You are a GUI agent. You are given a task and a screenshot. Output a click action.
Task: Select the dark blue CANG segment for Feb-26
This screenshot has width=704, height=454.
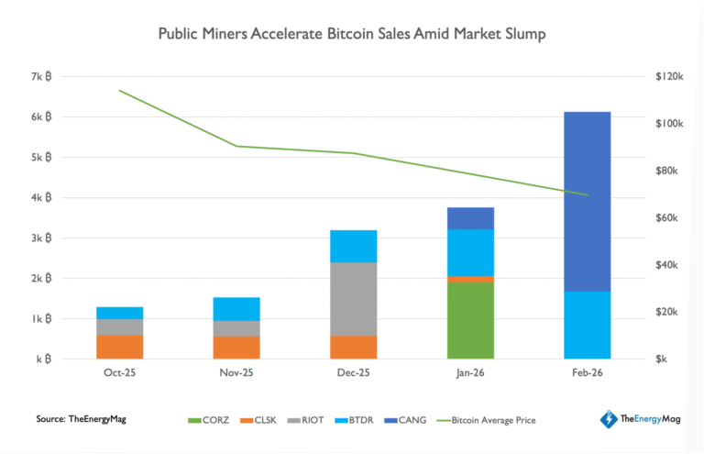point(587,201)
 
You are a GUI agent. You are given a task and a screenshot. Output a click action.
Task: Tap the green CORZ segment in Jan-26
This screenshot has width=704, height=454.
point(470,320)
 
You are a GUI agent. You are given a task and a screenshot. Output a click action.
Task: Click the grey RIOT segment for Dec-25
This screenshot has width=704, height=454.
point(353,299)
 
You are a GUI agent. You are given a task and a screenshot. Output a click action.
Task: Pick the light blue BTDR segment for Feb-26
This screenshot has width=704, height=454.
point(587,325)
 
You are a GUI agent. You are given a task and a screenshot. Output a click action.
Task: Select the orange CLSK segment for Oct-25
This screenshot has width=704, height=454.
point(119,347)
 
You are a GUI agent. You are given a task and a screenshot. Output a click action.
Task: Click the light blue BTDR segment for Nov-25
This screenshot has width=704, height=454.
point(236,309)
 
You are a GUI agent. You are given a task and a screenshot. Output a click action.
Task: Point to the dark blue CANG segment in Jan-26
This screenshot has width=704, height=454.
point(470,218)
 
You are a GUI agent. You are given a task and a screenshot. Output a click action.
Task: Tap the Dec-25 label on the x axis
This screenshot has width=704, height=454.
point(353,372)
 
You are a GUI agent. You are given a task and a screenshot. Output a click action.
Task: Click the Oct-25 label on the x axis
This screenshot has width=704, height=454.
point(119,372)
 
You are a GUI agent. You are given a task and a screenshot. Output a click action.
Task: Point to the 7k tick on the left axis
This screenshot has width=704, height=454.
point(41,77)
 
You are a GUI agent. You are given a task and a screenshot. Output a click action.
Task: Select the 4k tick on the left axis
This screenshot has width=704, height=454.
point(41,198)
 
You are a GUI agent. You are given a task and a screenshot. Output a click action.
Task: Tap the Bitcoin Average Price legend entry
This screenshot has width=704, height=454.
point(489,420)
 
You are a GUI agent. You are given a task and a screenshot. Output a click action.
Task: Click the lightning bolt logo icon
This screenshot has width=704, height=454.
point(608,419)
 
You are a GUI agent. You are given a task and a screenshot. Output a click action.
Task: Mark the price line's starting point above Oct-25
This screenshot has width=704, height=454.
point(119,91)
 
